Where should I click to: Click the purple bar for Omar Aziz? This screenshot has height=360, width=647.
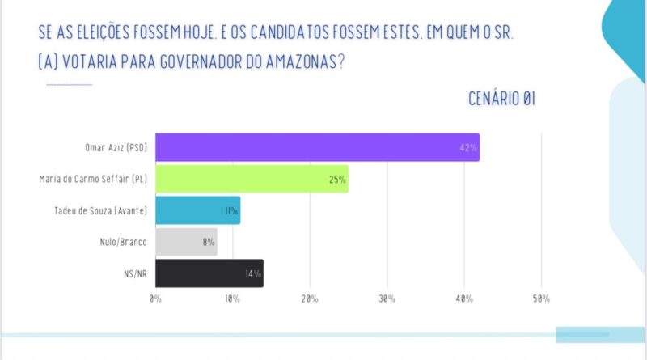(x=316, y=147)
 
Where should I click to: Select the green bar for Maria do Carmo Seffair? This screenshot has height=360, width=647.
(x=252, y=179)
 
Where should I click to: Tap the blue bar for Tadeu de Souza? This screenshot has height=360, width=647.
(x=197, y=210)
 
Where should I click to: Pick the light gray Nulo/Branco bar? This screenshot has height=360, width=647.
(x=186, y=242)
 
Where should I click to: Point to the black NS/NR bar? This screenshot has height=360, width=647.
(x=209, y=273)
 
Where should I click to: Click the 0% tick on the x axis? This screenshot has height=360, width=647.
(x=154, y=299)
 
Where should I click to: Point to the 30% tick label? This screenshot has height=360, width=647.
(x=387, y=299)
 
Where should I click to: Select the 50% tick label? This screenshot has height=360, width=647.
(x=541, y=299)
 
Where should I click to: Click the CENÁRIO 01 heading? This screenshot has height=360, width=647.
(x=501, y=99)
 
